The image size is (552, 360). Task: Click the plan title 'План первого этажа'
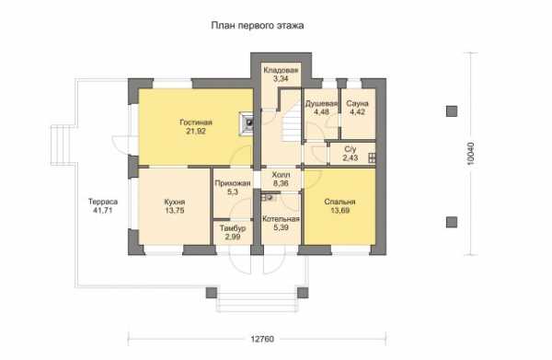[x=258, y=26]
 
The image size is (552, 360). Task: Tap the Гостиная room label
[x=196, y=122]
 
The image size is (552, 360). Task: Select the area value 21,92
[x=196, y=132]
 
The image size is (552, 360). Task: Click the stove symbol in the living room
[x=248, y=123]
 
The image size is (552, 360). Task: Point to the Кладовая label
[x=281, y=70]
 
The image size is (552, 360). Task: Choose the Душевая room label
[x=321, y=103]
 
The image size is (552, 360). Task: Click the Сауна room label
[x=357, y=103]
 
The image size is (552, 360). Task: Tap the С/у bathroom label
[x=351, y=149]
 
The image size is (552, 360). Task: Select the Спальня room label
[x=339, y=202]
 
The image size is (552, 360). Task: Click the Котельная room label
[x=281, y=219]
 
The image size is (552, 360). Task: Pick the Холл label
[x=281, y=175]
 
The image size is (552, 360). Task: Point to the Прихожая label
[x=233, y=183]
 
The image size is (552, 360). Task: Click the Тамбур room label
[x=233, y=228]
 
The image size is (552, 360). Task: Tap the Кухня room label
[x=175, y=203]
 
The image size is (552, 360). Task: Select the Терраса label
[x=103, y=202]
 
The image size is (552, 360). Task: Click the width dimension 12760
[x=262, y=339]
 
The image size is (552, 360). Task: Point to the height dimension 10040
[x=471, y=154]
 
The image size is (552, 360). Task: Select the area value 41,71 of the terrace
[x=103, y=211]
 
